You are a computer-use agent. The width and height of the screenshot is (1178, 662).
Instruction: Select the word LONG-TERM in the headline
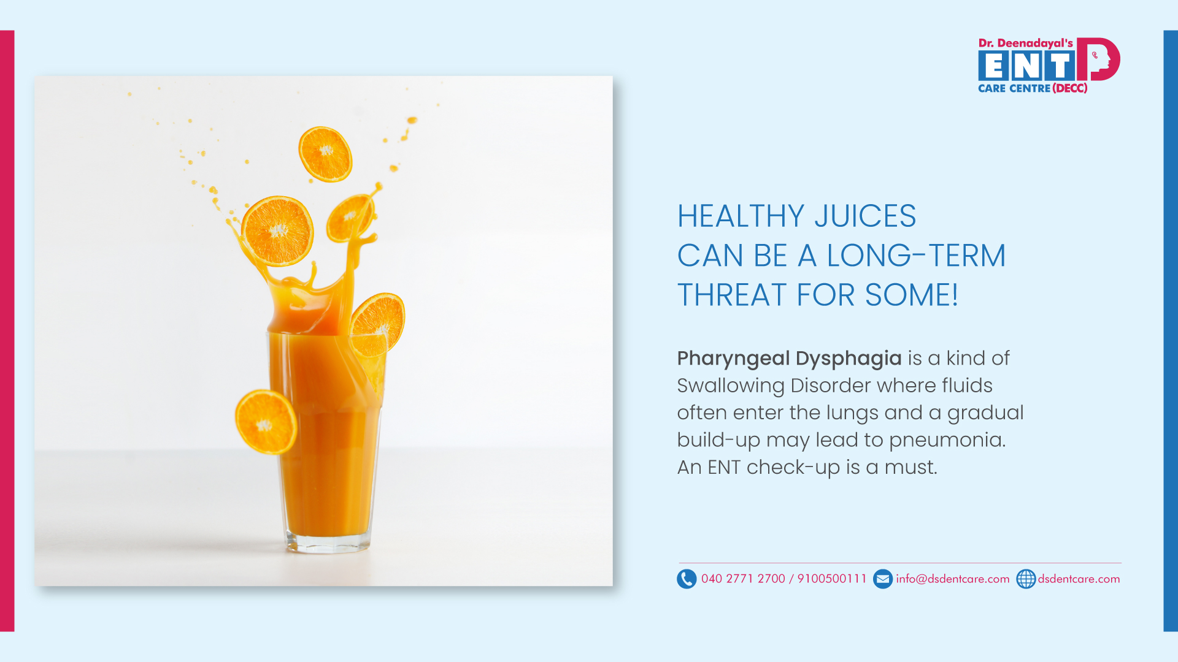pyautogui.click(x=916, y=256)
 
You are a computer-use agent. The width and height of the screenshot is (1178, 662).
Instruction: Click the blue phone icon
pyautogui.click(x=687, y=579)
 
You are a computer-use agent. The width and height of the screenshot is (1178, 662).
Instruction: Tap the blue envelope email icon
pyautogui.click(x=883, y=579)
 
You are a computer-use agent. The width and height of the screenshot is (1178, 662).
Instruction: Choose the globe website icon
pyautogui.click(x=1026, y=579)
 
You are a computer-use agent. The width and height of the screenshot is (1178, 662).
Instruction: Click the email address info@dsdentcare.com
pyautogui.click(x=952, y=579)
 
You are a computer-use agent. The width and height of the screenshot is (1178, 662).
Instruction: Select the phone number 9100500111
pyautogui.click(x=831, y=579)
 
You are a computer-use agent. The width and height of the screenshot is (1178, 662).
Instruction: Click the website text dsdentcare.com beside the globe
pyautogui.click(x=1079, y=579)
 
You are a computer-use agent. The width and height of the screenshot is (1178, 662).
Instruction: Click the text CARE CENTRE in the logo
pyautogui.click(x=1014, y=88)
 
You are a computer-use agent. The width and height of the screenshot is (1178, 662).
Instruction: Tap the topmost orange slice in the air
pyautogui.click(x=325, y=154)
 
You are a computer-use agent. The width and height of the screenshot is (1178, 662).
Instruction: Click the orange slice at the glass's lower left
pyautogui.click(x=266, y=422)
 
